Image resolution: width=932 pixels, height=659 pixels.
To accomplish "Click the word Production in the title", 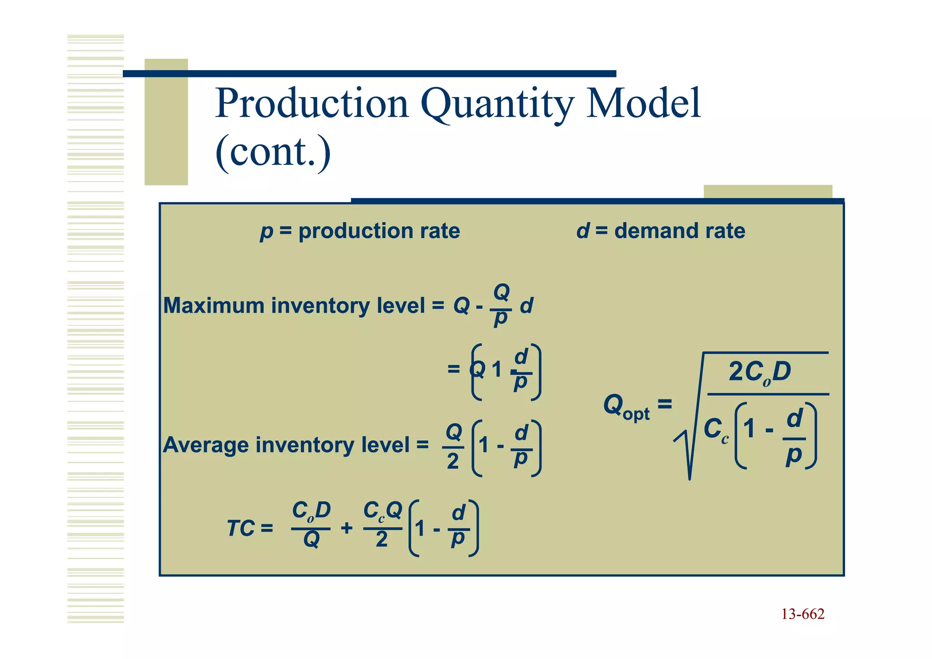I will [312, 104].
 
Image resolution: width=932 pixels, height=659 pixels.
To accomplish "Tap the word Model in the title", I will [643, 104].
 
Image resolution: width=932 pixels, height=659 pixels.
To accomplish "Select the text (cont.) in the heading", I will [273, 152].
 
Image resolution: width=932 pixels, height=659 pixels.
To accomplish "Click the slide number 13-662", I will [803, 614].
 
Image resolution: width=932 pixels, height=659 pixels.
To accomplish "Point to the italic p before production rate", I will [266, 231].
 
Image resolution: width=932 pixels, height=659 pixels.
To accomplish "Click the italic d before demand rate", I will [582, 230].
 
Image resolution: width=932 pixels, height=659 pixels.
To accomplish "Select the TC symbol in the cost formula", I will [241, 528].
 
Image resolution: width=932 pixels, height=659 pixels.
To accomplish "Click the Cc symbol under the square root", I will [716, 429].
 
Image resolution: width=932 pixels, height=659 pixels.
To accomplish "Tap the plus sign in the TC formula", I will [346, 528].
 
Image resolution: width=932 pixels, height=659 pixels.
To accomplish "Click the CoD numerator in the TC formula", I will [311, 511].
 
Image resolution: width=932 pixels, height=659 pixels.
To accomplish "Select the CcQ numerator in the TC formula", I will [382, 511].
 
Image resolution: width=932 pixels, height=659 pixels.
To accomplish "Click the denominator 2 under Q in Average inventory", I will [453, 461].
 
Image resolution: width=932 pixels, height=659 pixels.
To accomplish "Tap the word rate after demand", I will [725, 230].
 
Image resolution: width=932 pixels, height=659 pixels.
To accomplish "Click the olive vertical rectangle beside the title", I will [166, 122].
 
